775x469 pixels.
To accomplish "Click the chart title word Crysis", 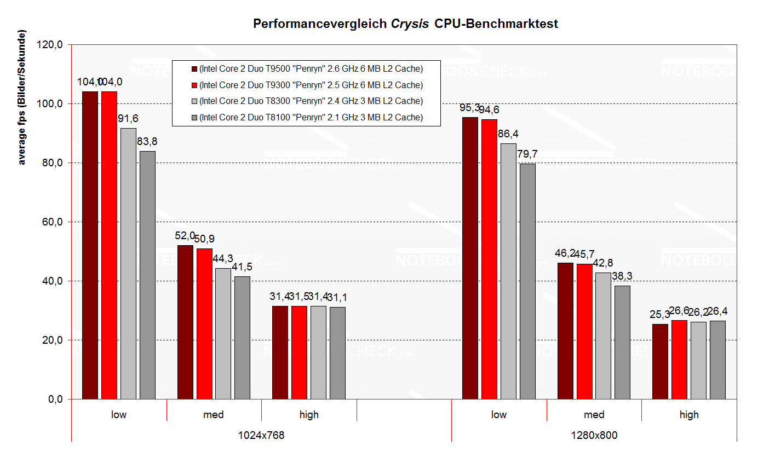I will click(410, 24).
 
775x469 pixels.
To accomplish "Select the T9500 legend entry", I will click(311, 69).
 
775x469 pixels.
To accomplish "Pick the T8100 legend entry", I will click(311, 118).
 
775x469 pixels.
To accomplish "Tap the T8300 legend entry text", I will click(311, 101).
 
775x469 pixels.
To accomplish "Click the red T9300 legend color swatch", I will click(194, 85).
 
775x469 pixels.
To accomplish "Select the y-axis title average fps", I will click(22, 97).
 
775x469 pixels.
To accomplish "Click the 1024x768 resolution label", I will click(261, 436).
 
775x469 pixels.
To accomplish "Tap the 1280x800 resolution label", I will click(594, 436).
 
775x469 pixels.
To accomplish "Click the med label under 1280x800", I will click(594, 415).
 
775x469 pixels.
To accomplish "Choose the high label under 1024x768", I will click(309, 415).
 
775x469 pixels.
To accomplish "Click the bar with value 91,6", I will click(128, 263).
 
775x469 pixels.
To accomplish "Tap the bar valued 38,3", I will click(622, 342).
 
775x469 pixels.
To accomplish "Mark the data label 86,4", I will click(508, 134).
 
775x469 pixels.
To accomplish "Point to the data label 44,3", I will click(223, 259).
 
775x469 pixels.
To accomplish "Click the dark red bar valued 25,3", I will click(660, 361).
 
